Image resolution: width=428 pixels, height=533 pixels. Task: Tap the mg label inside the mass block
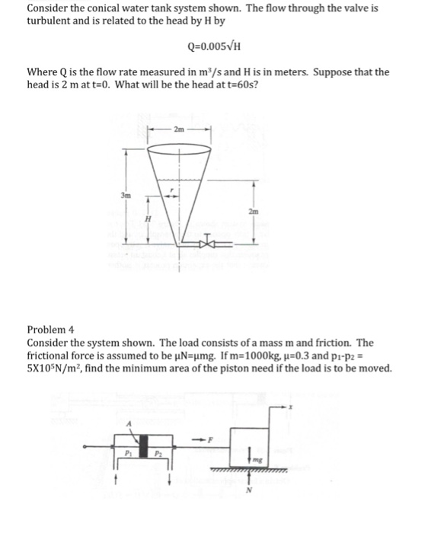[x=256, y=460]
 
